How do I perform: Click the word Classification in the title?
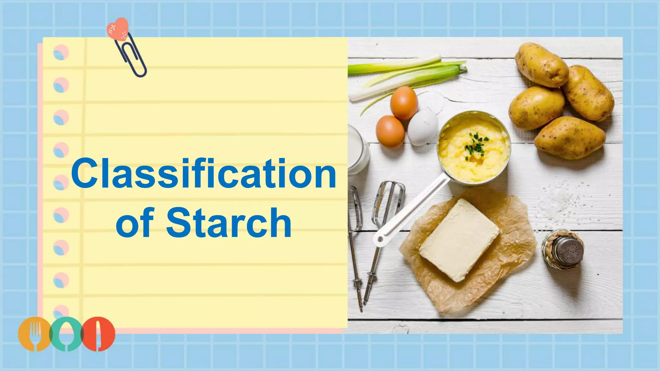204,174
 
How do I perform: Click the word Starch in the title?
229,223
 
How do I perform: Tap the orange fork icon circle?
34,334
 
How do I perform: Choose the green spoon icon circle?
66,334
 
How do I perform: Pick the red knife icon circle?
98,334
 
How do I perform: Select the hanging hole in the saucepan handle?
380,239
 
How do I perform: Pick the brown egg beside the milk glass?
390,131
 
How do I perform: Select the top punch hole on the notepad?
61,52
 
